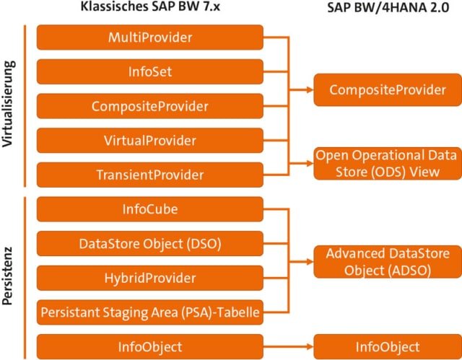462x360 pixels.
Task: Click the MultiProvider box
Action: pyautogui.click(x=149, y=37)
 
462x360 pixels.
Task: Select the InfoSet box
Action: pyautogui.click(x=149, y=71)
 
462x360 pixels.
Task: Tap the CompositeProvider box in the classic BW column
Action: pyautogui.click(x=149, y=106)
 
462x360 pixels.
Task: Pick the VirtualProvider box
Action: pyautogui.click(x=149, y=140)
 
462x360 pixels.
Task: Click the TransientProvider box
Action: pyautogui.click(x=149, y=175)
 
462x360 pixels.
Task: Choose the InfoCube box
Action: pyautogui.click(x=149, y=209)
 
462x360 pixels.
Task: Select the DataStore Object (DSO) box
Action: pyautogui.click(x=149, y=244)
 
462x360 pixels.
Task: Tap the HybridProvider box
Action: pyautogui.click(x=149, y=278)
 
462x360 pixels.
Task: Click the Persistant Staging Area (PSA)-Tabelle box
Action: pyautogui.click(x=149, y=312)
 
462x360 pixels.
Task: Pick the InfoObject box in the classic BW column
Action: pyautogui.click(x=149, y=347)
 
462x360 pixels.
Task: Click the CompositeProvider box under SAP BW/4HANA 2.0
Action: pyautogui.click(x=387, y=89)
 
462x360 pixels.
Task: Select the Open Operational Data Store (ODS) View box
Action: pyautogui.click(x=387, y=163)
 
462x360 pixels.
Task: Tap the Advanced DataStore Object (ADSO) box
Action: pyautogui.click(x=387, y=262)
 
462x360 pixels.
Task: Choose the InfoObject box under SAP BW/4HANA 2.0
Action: pyautogui.click(x=387, y=347)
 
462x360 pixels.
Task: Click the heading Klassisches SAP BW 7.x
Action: pyautogui.click(x=149, y=9)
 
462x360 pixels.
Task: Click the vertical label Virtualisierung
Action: pyautogui.click(x=10, y=105)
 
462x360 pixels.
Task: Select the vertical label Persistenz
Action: pyautogui.click(x=10, y=278)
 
